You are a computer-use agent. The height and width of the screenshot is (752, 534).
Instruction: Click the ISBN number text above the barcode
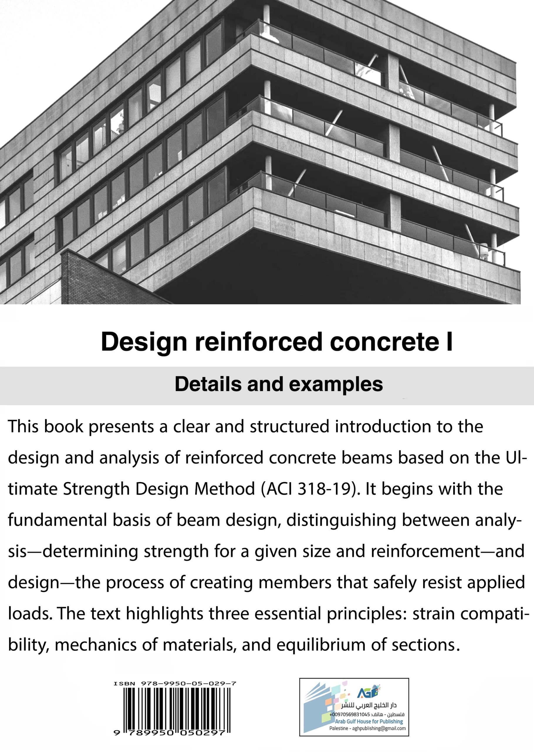pos(175,684)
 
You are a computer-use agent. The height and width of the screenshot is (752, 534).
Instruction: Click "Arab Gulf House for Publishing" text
pos(369,721)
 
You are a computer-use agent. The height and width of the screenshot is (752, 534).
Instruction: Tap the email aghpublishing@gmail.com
pos(379,728)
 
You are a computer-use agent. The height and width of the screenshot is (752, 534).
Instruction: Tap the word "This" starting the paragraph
pos(23,427)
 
